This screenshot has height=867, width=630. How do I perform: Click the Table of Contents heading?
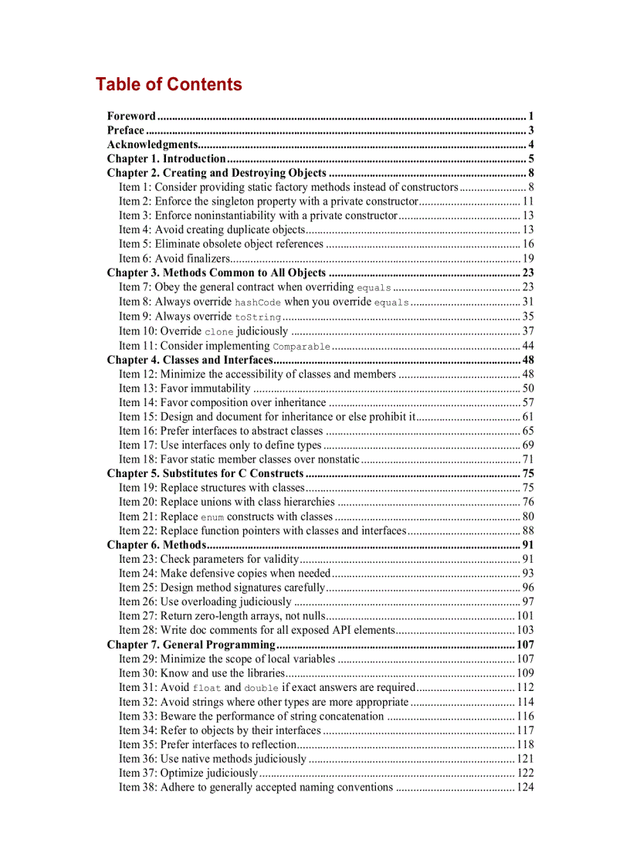coord(168,84)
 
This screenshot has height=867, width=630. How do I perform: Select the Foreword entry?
coord(131,116)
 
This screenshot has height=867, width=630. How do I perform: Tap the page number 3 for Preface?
coord(531,130)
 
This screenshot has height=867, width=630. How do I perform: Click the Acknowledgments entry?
coord(152,144)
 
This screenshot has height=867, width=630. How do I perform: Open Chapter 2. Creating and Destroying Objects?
coord(216,173)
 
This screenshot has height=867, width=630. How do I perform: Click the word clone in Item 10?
coord(218,332)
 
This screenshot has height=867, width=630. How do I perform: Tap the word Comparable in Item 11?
coord(301,347)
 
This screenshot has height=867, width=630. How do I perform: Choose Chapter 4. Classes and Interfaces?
coord(190,360)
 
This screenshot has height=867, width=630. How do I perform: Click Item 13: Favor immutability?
coord(185,388)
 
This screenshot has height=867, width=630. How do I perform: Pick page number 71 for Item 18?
coord(528,459)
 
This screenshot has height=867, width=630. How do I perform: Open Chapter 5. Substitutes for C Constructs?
coord(205,473)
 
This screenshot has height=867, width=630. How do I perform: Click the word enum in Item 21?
coord(212,517)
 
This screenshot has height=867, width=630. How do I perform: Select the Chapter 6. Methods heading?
coord(156,545)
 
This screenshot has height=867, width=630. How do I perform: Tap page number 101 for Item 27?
coord(525,616)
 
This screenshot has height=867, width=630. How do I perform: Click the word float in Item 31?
coord(206,688)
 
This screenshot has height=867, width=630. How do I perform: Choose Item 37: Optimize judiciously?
coord(188,773)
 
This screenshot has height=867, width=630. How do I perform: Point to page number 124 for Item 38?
coord(525,787)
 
